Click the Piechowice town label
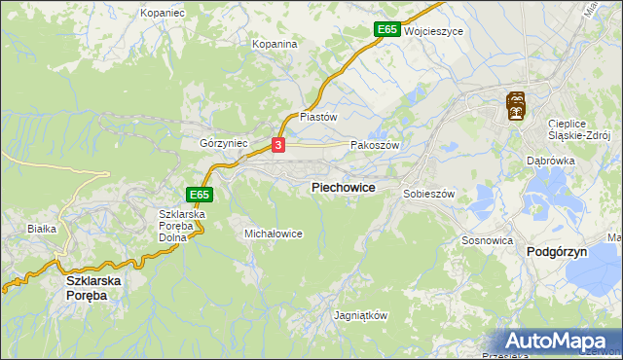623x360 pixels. [343, 187]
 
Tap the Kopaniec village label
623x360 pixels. [163, 13]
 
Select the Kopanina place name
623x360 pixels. [275, 44]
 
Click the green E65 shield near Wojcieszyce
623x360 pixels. [386, 30]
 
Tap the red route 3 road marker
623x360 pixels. [279, 145]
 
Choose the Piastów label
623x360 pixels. [317, 116]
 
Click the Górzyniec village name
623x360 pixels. [224, 142]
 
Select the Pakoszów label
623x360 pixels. [375, 144]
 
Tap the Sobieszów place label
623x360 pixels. [429, 194]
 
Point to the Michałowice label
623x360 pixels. [274, 234]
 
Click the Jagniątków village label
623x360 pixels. [361, 316]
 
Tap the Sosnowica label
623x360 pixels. [488, 238]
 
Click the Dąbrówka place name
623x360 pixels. [550, 161]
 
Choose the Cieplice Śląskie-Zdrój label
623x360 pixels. [578, 129]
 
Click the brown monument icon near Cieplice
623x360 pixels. [516, 105]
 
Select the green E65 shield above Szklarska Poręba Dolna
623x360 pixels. [200, 195]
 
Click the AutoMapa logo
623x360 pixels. [560, 342]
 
